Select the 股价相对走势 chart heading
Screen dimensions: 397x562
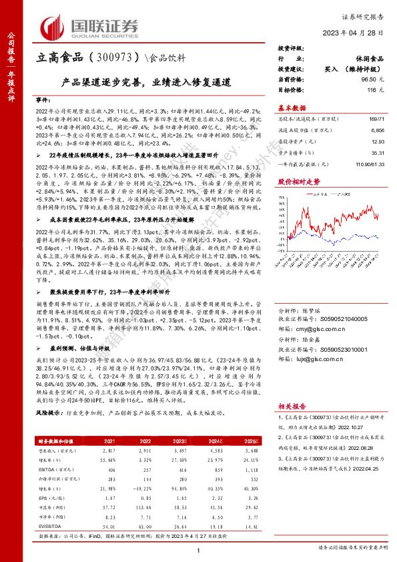coord(298,181)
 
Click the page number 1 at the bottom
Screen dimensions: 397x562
coord(198,549)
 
